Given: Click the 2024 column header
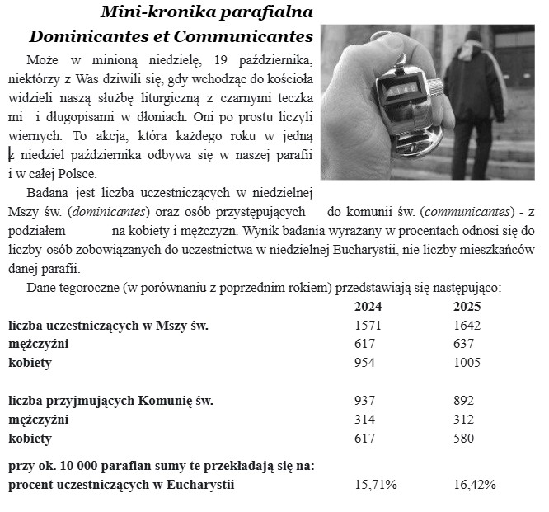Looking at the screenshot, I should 367,307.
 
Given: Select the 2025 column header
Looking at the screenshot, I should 467,307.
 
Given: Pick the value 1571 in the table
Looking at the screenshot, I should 368,326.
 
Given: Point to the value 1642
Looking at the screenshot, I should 467,326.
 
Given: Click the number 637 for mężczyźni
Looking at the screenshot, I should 464,344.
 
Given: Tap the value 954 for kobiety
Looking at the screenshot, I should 364,363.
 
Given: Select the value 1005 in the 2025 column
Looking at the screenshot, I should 467,363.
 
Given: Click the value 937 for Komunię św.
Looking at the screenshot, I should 364,401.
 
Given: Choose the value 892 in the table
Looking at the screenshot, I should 464,401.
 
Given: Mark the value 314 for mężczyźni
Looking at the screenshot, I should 364,420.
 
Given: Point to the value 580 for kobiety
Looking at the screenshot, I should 464,439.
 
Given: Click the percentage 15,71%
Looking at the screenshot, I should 376,485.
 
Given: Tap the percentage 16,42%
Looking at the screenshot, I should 475,485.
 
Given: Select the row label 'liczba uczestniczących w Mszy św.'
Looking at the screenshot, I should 108,326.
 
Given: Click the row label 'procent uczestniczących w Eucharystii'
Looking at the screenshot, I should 121,485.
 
